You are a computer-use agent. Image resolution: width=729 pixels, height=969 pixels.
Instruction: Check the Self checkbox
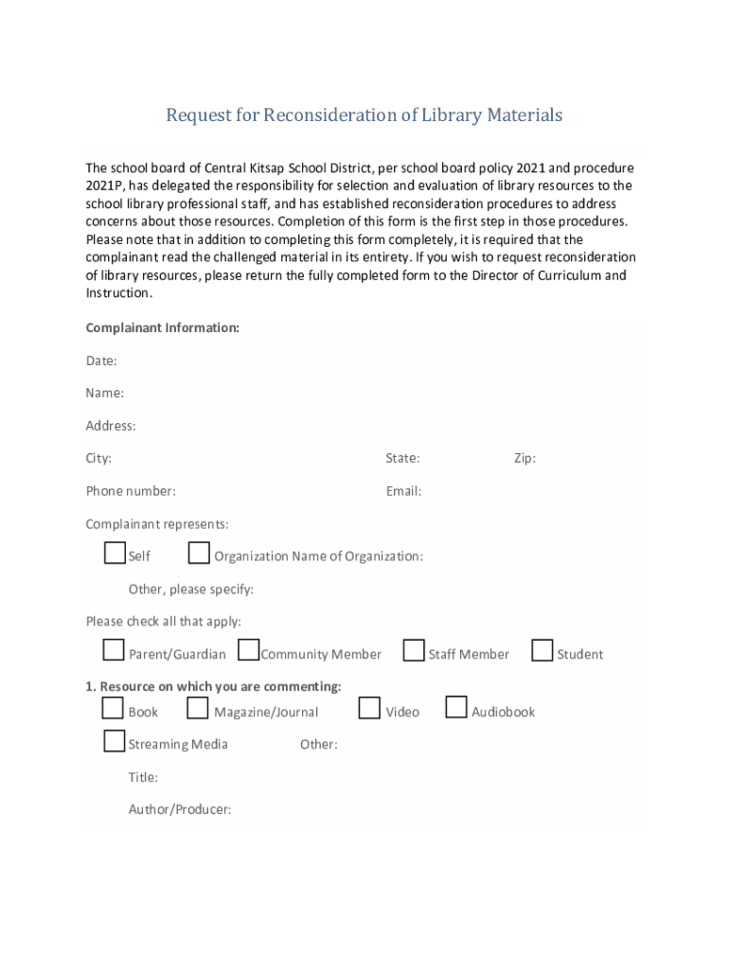coord(115,553)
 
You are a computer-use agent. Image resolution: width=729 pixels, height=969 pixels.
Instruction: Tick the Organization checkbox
coord(199,553)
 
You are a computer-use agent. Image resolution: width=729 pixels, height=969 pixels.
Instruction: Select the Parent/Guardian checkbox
coord(114,650)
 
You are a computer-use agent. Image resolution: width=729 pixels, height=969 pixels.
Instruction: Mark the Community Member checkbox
coord(249,650)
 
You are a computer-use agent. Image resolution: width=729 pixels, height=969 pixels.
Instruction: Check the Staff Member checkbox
coord(414,650)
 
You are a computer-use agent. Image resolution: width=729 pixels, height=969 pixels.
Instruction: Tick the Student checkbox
coord(542,650)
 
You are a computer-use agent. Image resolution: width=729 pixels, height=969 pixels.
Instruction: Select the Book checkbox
coord(114,708)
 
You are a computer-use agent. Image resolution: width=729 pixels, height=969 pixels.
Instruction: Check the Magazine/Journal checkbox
coord(198,708)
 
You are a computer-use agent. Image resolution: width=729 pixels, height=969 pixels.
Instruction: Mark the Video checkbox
coord(369,708)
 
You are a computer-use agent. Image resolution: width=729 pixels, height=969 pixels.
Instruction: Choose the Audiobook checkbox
coord(456,708)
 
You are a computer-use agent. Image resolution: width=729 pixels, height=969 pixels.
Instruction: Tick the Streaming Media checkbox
coord(115,741)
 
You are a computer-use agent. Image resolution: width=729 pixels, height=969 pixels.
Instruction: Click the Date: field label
coord(101,361)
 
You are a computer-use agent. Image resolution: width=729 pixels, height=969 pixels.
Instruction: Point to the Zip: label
coord(525,458)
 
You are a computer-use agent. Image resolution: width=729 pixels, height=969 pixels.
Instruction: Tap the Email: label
coord(403,491)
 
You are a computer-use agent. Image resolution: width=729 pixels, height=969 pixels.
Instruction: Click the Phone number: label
coord(131,491)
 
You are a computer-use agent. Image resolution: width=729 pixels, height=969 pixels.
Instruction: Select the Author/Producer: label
coord(180,809)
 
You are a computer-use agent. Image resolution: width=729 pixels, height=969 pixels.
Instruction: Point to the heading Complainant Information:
coord(162,327)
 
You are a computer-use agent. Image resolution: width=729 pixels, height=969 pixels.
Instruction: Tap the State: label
coord(402,458)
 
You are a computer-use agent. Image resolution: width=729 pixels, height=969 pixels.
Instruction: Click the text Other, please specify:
coord(190,590)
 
